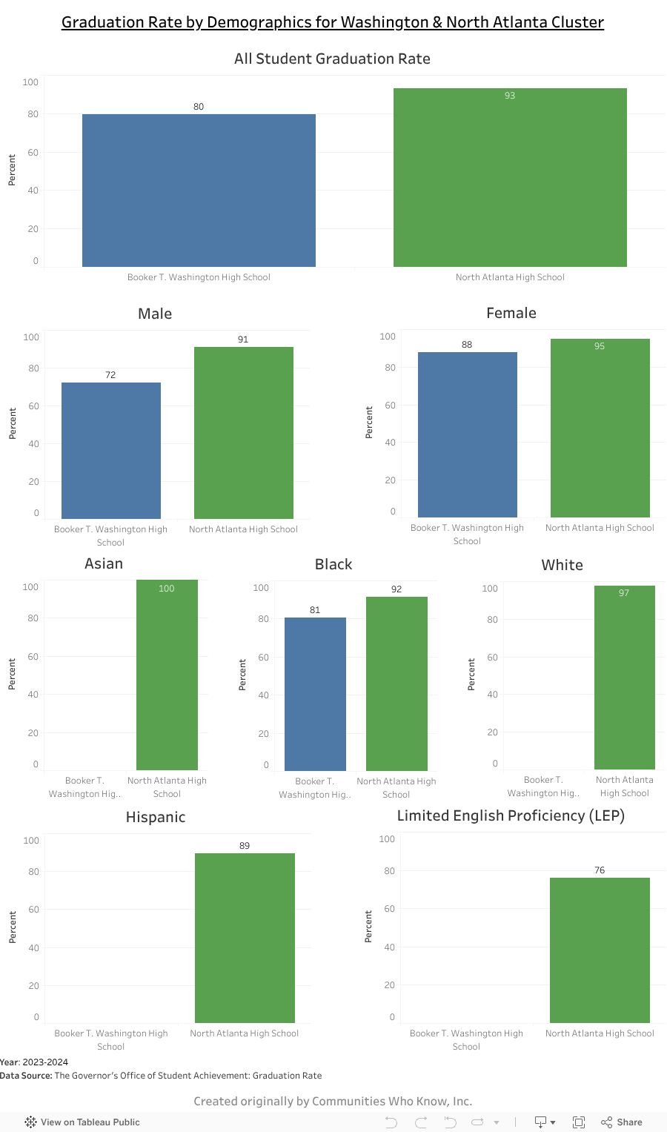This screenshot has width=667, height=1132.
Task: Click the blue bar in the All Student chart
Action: click(199, 191)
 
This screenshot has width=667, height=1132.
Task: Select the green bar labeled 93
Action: click(510, 178)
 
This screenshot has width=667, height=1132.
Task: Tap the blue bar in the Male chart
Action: click(111, 451)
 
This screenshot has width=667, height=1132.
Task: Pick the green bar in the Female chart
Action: click(600, 428)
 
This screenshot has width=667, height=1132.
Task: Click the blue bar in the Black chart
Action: click(315, 694)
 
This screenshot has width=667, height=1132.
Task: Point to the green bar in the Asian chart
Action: click(167, 675)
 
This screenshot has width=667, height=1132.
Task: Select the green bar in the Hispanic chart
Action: click(245, 938)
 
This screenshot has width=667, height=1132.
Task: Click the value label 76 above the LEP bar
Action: click(600, 870)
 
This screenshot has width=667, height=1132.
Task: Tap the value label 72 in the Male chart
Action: click(110, 375)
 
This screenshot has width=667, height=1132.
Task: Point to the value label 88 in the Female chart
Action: click(467, 345)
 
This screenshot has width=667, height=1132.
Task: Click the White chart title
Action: click(562, 565)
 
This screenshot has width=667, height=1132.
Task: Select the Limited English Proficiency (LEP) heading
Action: click(511, 815)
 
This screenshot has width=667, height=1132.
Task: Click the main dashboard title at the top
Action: click(333, 22)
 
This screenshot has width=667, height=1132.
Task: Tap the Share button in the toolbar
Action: click(622, 1122)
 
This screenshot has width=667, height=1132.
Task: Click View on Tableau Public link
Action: click(82, 1122)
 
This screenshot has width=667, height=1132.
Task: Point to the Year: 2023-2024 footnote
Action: click(34, 1062)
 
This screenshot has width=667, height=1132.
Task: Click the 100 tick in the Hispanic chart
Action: click(31, 841)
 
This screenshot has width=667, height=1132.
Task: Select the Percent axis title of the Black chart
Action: click(242, 675)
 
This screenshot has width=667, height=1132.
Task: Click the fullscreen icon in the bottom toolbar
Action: click(579, 1122)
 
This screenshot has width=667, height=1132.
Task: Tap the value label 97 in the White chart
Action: click(624, 593)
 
